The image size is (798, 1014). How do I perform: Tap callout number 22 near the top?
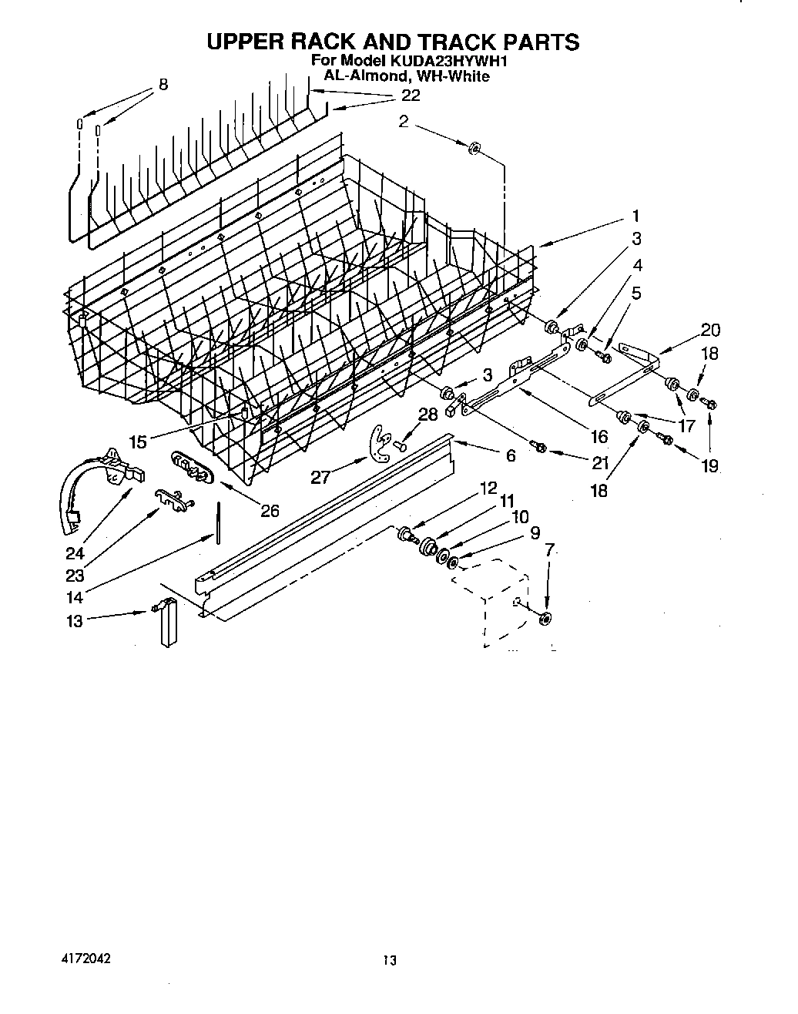point(411,95)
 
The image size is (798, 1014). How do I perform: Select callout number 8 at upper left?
point(163,85)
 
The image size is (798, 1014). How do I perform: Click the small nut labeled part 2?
point(474,146)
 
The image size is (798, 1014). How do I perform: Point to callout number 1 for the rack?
point(635,216)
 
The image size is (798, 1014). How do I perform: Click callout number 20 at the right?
point(710,330)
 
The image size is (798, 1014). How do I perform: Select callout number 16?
point(598,436)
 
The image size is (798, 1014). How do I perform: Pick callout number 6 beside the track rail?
point(511,455)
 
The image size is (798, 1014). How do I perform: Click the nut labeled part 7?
point(545,618)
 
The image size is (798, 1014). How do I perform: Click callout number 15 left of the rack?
point(138,442)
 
